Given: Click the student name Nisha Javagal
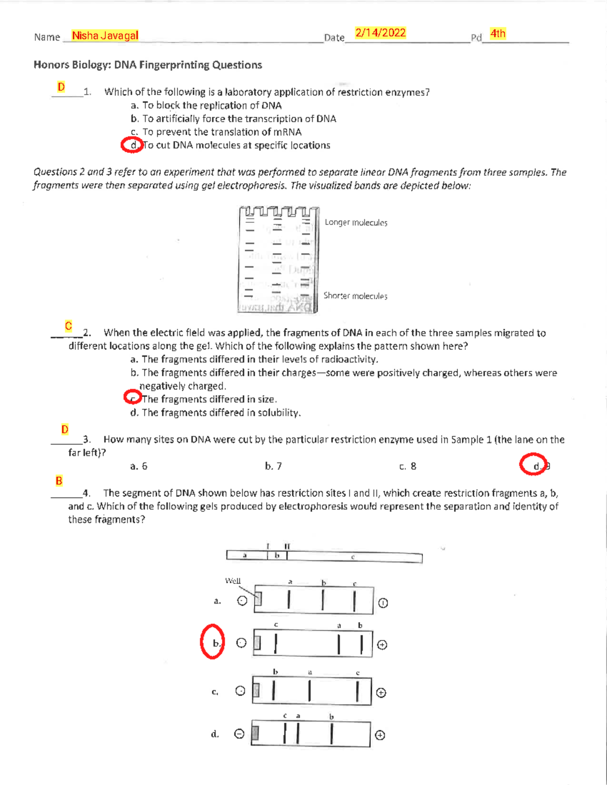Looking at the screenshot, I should point(105,35).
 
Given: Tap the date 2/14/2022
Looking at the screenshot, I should point(380,33).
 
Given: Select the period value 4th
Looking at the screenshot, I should point(498,34).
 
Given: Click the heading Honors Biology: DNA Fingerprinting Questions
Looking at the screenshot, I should point(148,65).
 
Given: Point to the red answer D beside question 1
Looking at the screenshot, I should point(61,87).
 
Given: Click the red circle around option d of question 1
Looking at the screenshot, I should point(133,145).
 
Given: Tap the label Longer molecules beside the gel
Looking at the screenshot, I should point(356,222).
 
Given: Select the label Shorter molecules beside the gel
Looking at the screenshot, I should point(355,296).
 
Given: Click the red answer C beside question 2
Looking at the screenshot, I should point(68,326).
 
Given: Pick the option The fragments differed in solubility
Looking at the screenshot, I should point(215,412).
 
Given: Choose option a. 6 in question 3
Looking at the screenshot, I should point(139,466).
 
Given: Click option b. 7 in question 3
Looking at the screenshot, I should point(273,466).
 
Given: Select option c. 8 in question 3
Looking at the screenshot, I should point(408,466).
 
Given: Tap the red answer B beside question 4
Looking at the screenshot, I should point(59,481).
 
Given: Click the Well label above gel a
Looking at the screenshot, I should point(233,581).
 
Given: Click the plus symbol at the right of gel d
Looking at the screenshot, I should point(380,735).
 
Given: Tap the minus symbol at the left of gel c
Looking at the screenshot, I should point(240,691).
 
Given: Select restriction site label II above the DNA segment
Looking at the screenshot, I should point(287,546).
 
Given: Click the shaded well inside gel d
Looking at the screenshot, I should point(255,733).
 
